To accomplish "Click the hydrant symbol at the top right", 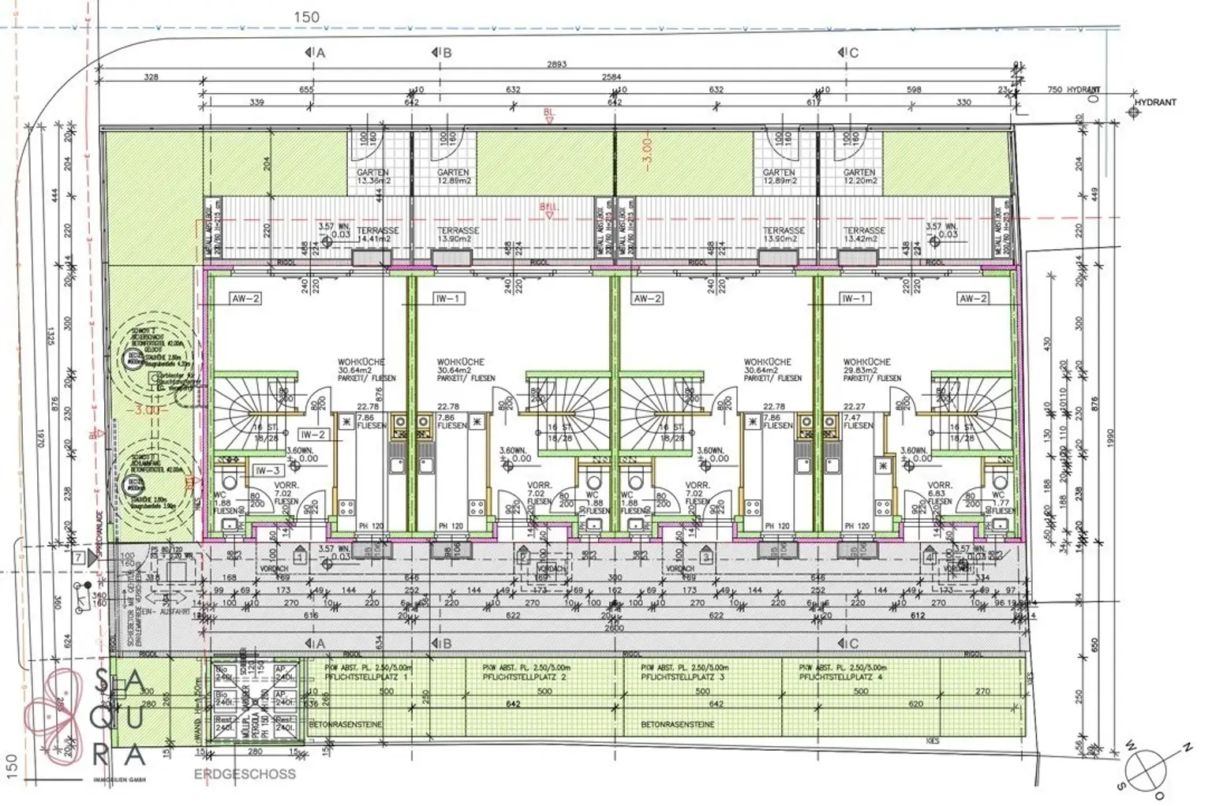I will pyautogui.click(x=1134, y=112).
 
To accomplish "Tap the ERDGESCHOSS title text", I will pyautogui.click(x=245, y=774).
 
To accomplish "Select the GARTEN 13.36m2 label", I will pyautogui.click(x=373, y=177).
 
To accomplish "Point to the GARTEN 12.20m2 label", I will pyautogui.click(x=859, y=177).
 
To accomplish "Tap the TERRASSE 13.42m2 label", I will pyautogui.click(x=864, y=234).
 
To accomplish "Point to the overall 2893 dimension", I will pyautogui.click(x=556, y=65).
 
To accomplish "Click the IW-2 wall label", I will pyautogui.click(x=312, y=435).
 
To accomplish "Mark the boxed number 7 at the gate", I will pyautogui.click(x=79, y=558).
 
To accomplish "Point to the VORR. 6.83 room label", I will pyautogui.click(x=939, y=494).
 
